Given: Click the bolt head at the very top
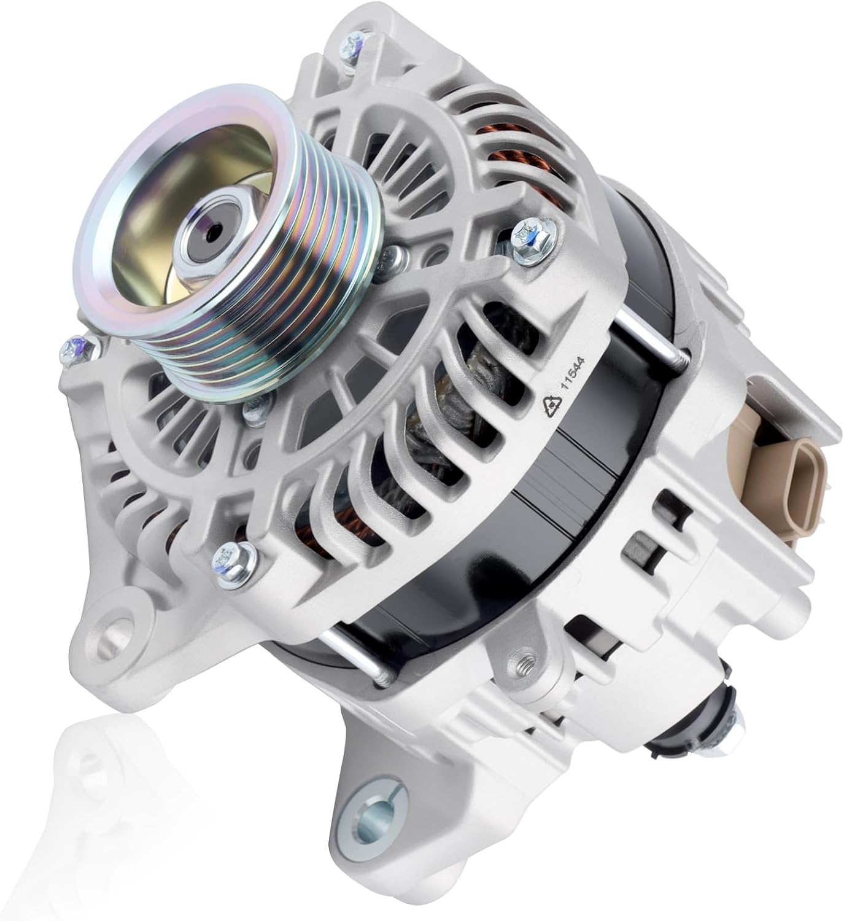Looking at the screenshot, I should [352, 45].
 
